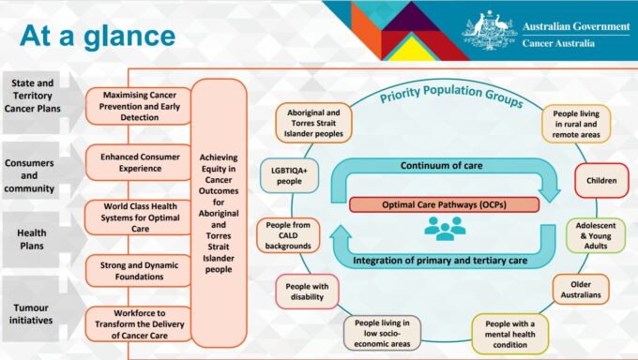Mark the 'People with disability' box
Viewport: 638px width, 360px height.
[306, 292]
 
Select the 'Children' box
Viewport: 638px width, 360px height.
[601, 181]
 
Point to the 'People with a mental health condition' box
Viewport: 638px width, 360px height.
[510, 332]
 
